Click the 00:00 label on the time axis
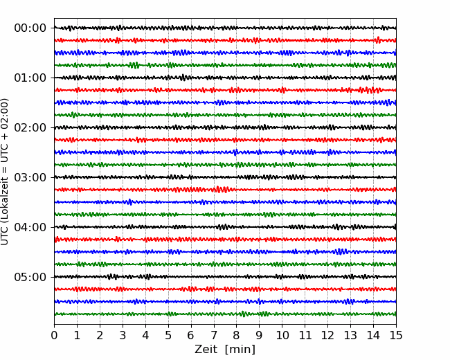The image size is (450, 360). (x=30, y=28)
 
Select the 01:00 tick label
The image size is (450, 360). (x=30, y=78)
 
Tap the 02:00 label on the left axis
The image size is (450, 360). (x=30, y=127)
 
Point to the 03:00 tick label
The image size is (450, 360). (x=30, y=177)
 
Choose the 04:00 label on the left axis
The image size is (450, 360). (x=30, y=227)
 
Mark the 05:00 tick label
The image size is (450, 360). (x=30, y=277)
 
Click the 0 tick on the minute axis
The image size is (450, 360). (x=54, y=335)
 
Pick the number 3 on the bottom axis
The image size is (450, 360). (x=123, y=335)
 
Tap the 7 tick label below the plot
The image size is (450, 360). (x=214, y=335)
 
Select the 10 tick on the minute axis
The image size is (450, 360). (x=282, y=335)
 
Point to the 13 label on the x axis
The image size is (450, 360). (x=350, y=335)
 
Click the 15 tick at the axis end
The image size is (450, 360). (x=396, y=335)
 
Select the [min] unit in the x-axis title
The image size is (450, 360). (x=240, y=350)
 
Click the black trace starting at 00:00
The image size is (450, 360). (x=225, y=28)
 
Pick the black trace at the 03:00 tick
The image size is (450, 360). (x=225, y=177)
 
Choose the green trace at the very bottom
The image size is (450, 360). (x=225, y=314)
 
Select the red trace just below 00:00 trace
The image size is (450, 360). (x=225, y=40)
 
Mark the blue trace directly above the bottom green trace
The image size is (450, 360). (x=225, y=301)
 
